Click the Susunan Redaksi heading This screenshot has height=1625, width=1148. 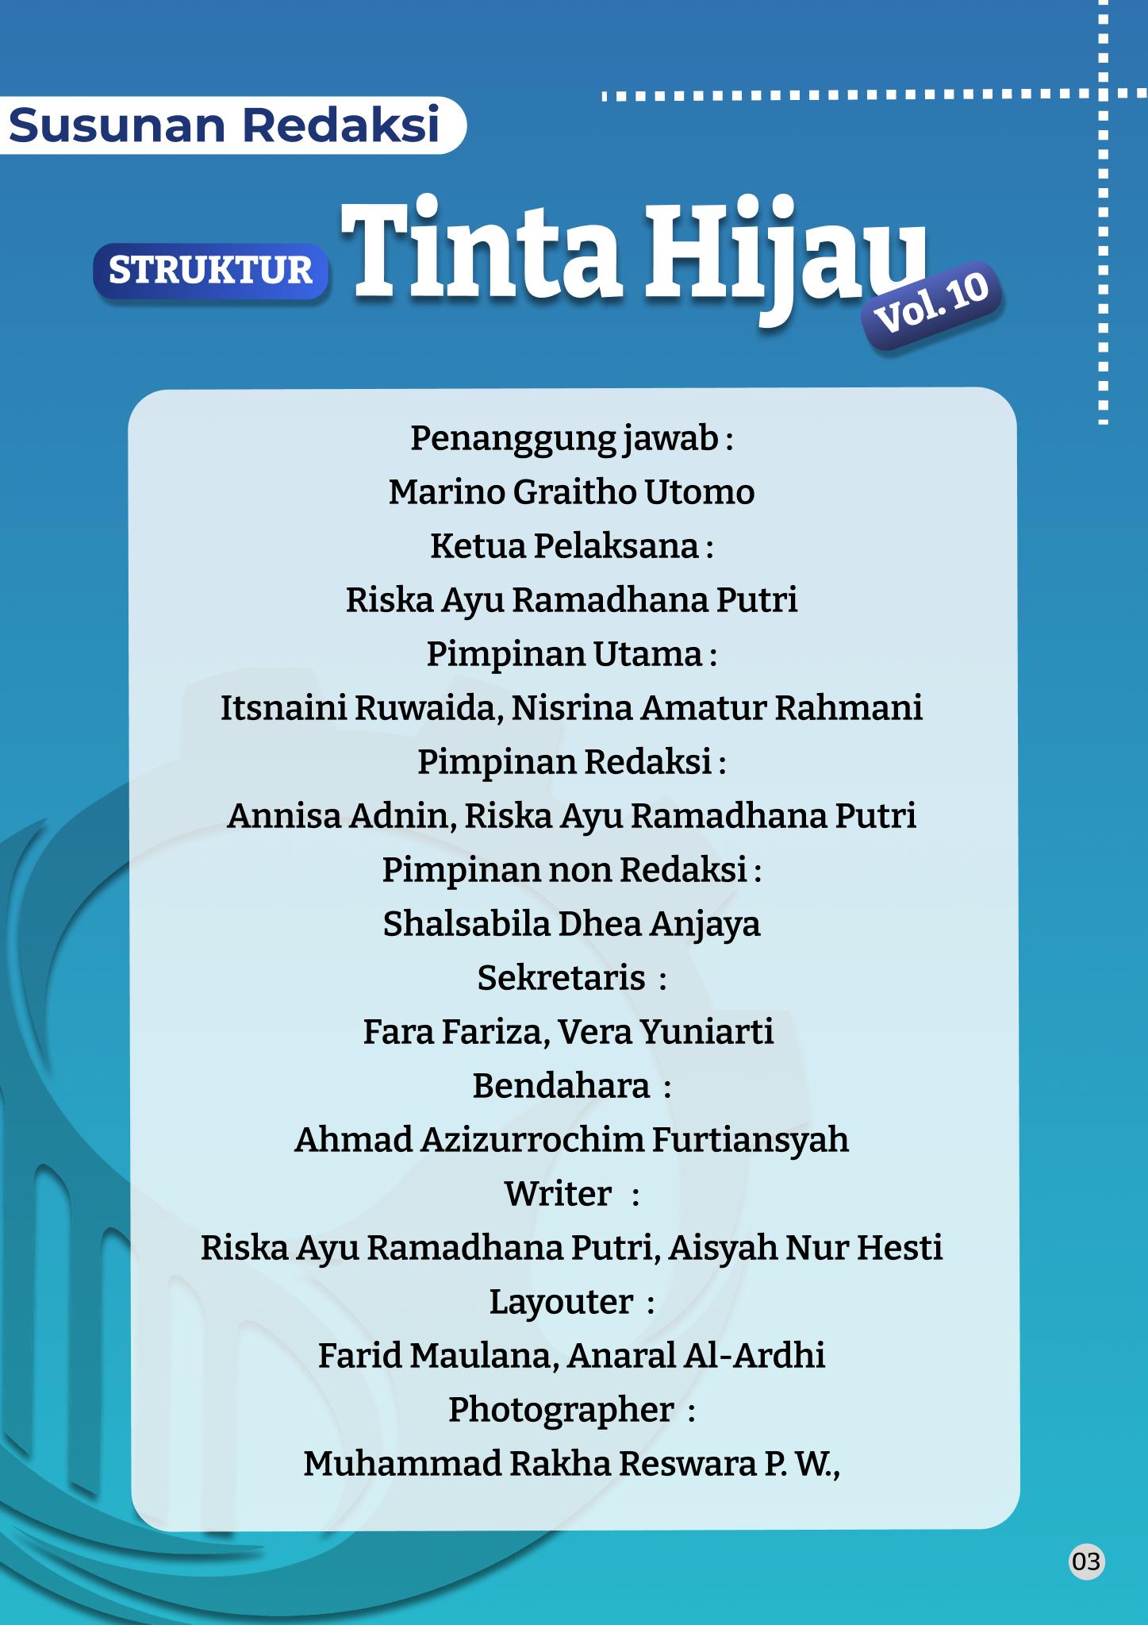225,125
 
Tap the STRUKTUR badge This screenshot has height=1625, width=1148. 210,271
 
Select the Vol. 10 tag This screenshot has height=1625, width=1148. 931,305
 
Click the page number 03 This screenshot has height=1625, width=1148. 1085,1561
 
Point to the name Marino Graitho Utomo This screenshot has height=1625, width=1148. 571,492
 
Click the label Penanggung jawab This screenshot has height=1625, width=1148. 564,438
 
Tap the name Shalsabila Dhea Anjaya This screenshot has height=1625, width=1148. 571,924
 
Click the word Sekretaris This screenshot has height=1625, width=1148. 561,978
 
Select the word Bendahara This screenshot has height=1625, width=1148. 561,1086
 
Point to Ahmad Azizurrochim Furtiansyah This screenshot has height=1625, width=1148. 571,1140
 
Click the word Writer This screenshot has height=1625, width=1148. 558,1194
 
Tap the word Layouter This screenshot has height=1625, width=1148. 561,1302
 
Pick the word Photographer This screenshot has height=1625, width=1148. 561,1410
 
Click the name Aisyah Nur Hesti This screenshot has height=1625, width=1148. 805,1248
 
